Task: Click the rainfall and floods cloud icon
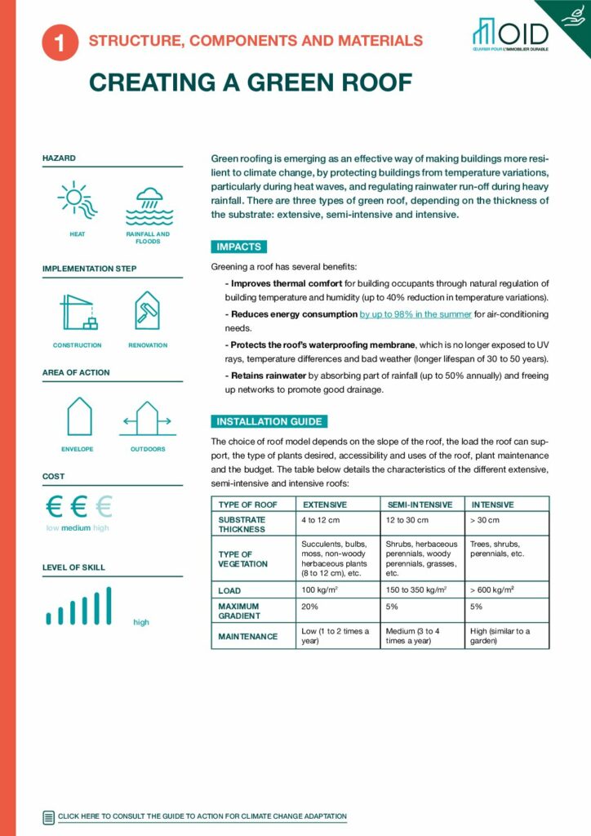coord(148,204)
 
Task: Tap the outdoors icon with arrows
coord(147,419)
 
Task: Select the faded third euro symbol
coord(103,507)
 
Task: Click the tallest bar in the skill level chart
coord(108,605)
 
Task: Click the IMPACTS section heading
coord(238,247)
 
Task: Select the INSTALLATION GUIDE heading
coord(269,422)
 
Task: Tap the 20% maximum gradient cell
coord(310,607)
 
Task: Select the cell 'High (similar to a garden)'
coord(500,636)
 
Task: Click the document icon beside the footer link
coord(48,816)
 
